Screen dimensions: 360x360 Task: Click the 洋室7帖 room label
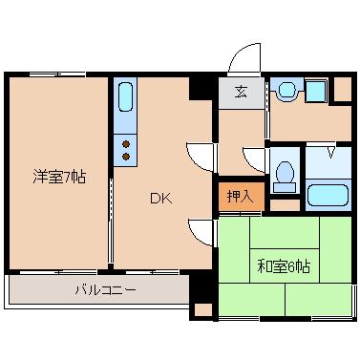coord(59,177)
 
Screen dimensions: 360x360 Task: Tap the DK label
coord(160,199)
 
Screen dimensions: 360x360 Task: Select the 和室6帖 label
coord(284,266)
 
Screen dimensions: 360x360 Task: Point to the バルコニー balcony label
coord(106,290)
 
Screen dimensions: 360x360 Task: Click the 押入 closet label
coord(241,196)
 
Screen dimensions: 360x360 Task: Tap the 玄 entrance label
coord(241,92)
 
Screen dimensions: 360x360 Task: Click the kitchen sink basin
coord(125,96)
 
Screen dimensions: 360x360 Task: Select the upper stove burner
coord(126,144)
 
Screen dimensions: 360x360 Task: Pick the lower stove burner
coord(126,157)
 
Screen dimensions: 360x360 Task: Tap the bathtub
coord(328,195)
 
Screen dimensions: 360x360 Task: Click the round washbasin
coord(288,90)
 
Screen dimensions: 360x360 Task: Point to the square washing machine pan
coord(316,91)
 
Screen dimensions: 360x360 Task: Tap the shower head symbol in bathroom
coord(331,152)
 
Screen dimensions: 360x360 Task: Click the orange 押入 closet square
coord(242,197)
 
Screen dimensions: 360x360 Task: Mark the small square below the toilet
coord(285,205)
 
